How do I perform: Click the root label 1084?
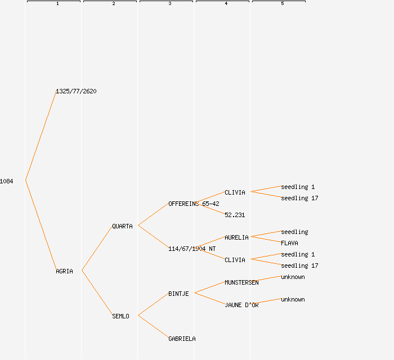click(x=7, y=181)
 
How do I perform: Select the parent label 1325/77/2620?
click(x=76, y=91)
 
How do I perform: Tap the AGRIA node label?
click(x=64, y=271)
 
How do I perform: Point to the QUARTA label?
click(x=122, y=226)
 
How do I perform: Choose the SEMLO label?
click(x=120, y=316)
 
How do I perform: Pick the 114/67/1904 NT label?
click(x=192, y=249)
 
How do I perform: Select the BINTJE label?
click(x=178, y=294)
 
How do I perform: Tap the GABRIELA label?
click(x=182, y=339)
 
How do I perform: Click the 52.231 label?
click(x=235, y=215)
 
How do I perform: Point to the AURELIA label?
click(x=236, y=237)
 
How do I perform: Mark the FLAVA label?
click(x=289, y=243)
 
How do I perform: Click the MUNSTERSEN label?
click(x=241, y=282)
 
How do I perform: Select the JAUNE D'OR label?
click(x=241, y=305)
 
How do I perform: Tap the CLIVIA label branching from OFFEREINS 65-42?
click(x=235, y=192)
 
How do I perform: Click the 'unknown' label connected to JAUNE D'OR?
click(x=293, y=299)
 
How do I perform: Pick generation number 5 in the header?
click(x=282, y=4)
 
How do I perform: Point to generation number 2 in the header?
click(x=113, y=4)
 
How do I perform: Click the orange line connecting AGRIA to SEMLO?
click(x=97, y=293)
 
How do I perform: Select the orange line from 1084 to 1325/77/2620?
click(x=41, y=136)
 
